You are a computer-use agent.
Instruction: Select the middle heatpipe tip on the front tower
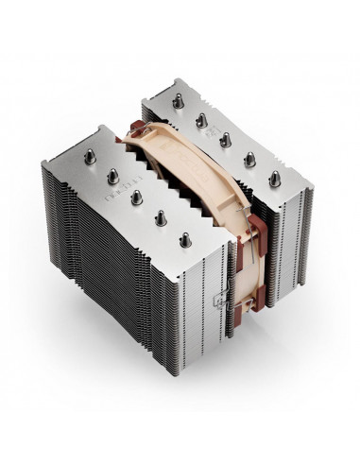(x=137, y=195)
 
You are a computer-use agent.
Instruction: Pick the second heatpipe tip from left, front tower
(x=112, y=175)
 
